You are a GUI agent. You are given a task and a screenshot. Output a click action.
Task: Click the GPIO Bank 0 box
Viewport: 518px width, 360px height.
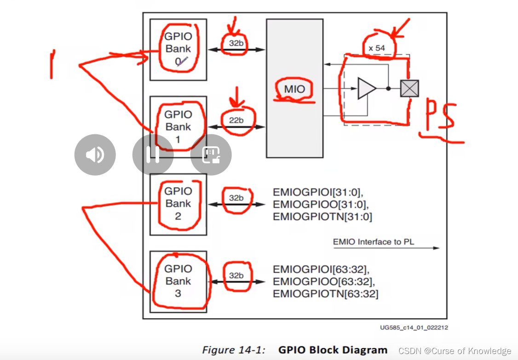pos(178,50)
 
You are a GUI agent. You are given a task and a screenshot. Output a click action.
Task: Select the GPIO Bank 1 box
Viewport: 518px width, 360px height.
pos(178,126)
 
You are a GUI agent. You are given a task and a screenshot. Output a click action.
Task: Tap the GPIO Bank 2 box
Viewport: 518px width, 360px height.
pos(178,204)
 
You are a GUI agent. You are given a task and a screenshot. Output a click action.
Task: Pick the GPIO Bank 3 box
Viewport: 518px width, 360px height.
pos(178,281)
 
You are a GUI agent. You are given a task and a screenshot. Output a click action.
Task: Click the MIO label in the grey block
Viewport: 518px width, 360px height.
pos(294,89)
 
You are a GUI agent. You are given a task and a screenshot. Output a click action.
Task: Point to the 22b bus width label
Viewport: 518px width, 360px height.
pos(236,120)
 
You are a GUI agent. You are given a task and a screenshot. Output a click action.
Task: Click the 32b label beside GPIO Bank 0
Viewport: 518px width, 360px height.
pos(236,43)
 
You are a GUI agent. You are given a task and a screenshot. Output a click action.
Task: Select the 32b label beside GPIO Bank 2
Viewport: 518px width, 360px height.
pos(236,198)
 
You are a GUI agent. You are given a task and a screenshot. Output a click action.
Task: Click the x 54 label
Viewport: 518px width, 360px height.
pos(377,48)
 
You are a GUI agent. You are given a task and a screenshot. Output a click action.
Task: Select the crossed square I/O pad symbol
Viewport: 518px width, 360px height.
pos(409,88)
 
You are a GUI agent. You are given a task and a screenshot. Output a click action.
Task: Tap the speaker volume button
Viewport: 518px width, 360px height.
pos(95,154)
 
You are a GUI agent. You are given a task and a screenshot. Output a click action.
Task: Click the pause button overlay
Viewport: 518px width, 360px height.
pos(153,154)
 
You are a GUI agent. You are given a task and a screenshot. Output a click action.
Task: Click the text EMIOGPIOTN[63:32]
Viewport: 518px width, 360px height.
pos(325,294)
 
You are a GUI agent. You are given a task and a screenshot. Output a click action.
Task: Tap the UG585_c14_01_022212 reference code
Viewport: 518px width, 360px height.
pos(414,327)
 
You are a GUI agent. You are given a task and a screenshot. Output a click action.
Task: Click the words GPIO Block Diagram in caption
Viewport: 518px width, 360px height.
pos(333,350)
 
